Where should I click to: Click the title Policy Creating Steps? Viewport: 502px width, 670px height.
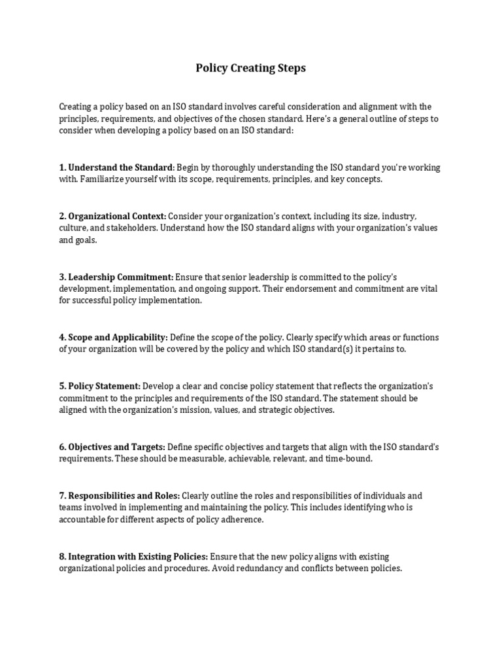pos(250,68)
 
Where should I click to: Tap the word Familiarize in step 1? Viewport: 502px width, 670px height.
pos(105,179)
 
